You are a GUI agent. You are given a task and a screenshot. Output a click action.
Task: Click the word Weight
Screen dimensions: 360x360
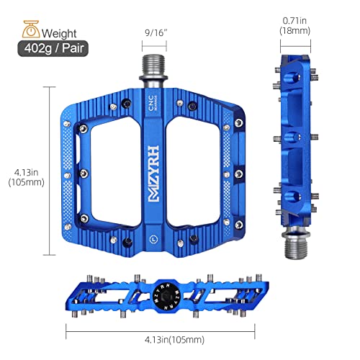61,33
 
